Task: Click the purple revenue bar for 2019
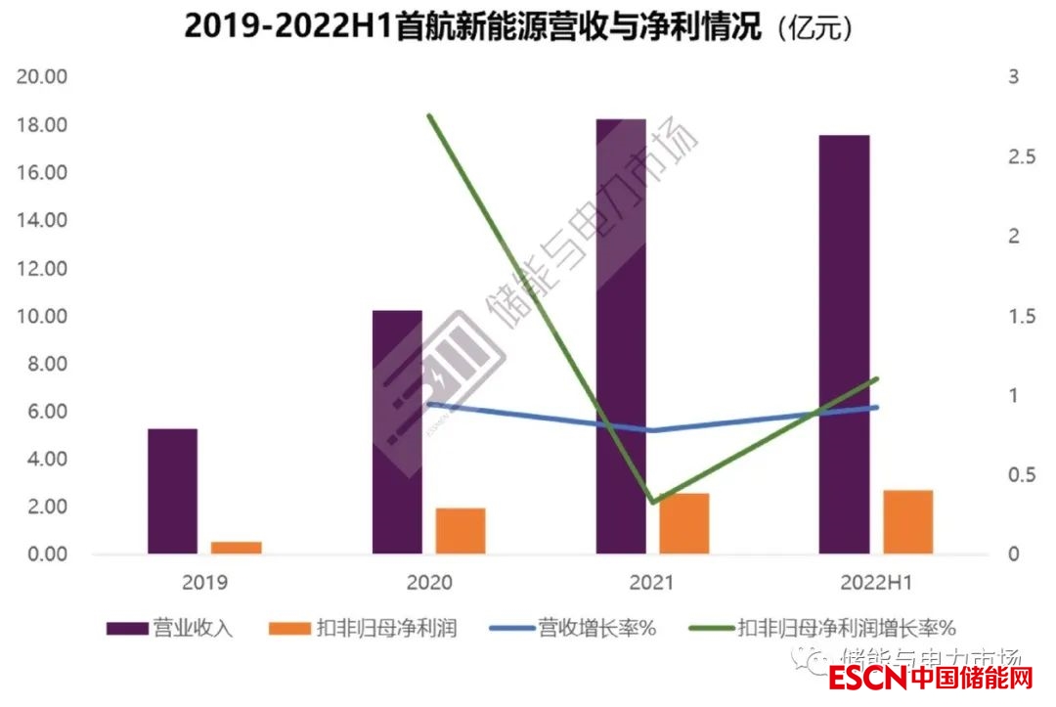[x=172, y=491]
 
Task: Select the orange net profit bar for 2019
[x=237, y=548]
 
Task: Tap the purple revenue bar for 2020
[x=397, y=432]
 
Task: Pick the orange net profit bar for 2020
[x=461, y=531]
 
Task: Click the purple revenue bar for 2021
[x=621, y=336]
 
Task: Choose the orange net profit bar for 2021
[x=684, y=523]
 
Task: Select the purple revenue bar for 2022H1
[x=845, y=344]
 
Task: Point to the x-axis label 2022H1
[x=876, y=583]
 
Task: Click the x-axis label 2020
[x=428, y=583]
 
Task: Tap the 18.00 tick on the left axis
[x=42, y=125]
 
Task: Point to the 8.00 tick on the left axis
[x=47, y=364]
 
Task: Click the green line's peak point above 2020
[x=429, y=115]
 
